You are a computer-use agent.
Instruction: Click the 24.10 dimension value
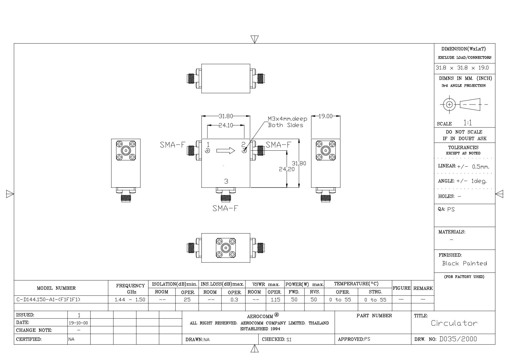[226, 125]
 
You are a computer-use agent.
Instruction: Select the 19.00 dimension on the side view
[326, 116]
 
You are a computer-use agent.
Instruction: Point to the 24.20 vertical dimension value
[287, 169]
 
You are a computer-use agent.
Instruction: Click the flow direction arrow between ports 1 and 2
[226, 150]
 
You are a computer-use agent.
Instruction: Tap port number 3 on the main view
[226, 181]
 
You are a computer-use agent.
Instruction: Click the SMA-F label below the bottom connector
[225, 208]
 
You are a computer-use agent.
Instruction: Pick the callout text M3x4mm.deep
[287, 119]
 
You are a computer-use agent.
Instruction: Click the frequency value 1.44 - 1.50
[130, 300]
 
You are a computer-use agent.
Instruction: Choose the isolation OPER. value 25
[187, 300]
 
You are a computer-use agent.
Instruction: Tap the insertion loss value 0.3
[234, 300]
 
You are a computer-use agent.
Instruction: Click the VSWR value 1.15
[275, 300]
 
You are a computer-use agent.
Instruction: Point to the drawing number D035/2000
[458, 339]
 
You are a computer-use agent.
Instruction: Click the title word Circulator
[454, 323]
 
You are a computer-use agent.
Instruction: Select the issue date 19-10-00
[79, 323]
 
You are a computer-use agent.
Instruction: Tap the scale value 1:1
[468, 123]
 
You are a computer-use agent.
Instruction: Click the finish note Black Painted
[464, 263]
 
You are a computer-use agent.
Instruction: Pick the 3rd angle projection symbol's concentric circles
[449, 105]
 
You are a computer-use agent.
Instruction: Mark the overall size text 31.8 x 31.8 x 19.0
[462, 68]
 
